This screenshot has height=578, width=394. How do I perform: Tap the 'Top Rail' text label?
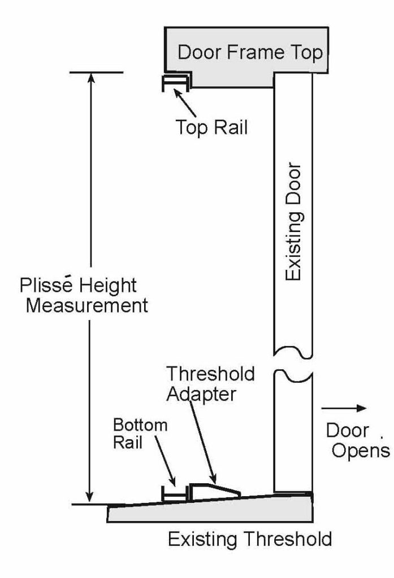(211, 127)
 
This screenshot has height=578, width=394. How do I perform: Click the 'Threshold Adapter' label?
(209, 383)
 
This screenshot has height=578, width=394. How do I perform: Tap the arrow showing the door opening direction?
(344, 408)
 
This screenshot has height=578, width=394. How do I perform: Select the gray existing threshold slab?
(209, 511)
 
